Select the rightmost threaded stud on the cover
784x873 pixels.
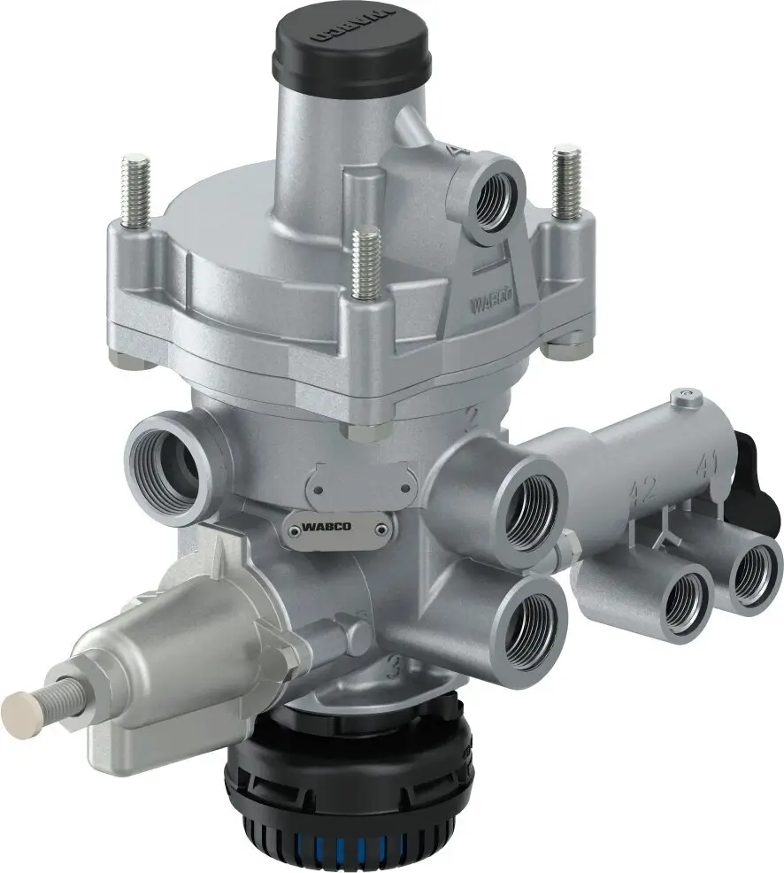point(565,182)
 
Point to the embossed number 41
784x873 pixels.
point(706,463)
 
